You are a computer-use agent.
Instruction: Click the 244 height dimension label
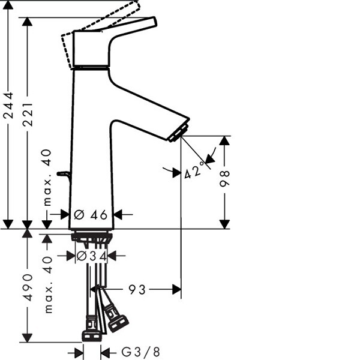tap(8, 106)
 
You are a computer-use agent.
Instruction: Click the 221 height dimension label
tap(28, 115)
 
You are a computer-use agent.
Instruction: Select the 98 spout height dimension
tap(224, 178)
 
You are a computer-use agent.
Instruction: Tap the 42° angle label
tap(194, 170)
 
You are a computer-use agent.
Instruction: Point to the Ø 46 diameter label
tap(91, 215)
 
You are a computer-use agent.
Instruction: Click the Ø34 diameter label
tap(92, 256)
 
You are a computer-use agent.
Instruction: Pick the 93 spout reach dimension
tap(137, 289)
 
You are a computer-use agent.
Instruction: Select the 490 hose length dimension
tap(28, 287)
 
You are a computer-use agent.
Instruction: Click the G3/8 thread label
tap(140, 352)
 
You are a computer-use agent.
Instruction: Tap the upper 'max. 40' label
tap(47, 178)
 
